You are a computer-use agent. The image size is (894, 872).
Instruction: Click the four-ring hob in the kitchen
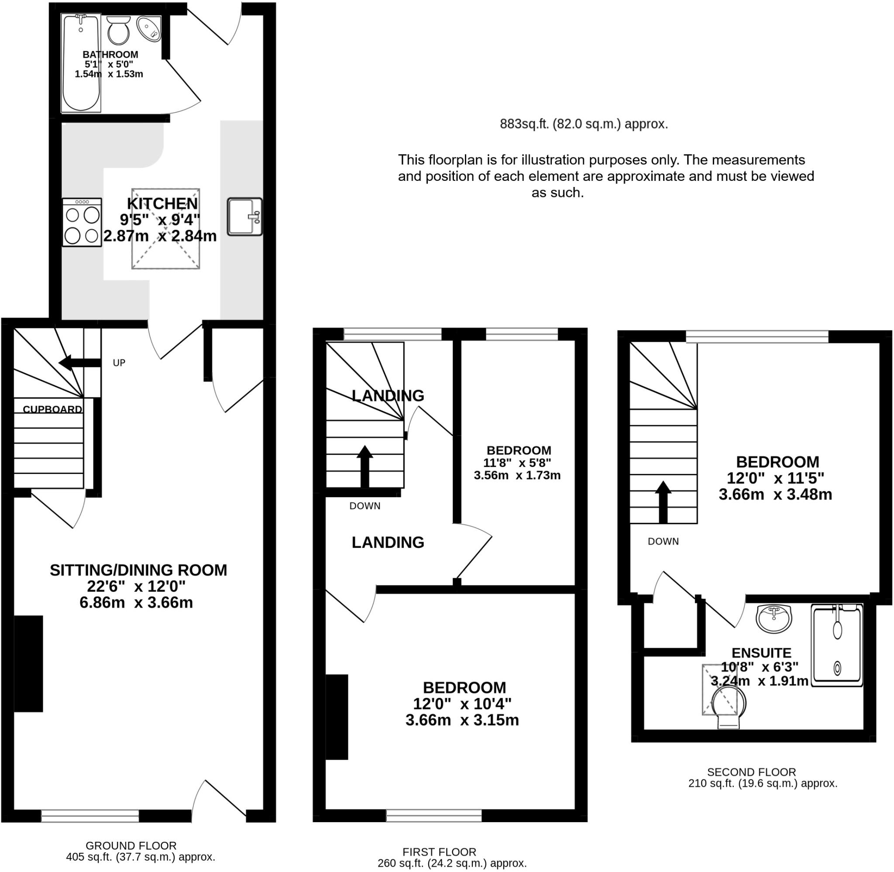click(82, 222)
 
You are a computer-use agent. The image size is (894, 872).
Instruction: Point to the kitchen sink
click(244, 217)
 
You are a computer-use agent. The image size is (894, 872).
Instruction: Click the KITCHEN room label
click(162, 203)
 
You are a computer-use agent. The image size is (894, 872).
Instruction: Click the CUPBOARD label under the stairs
click(52, 409)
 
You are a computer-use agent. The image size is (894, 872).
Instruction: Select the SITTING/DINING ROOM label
click(138, 570)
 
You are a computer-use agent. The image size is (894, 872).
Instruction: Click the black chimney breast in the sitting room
click(28, 664)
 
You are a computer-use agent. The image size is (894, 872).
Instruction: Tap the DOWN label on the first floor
click(364, 505)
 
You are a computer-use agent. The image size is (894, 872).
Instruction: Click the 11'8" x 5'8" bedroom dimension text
click(517, 463)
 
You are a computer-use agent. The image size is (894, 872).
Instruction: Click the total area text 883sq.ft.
click(583, 124)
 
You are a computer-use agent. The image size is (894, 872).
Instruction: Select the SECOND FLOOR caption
click(751, 772)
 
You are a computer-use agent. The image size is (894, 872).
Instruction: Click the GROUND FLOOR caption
click(131, 845)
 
